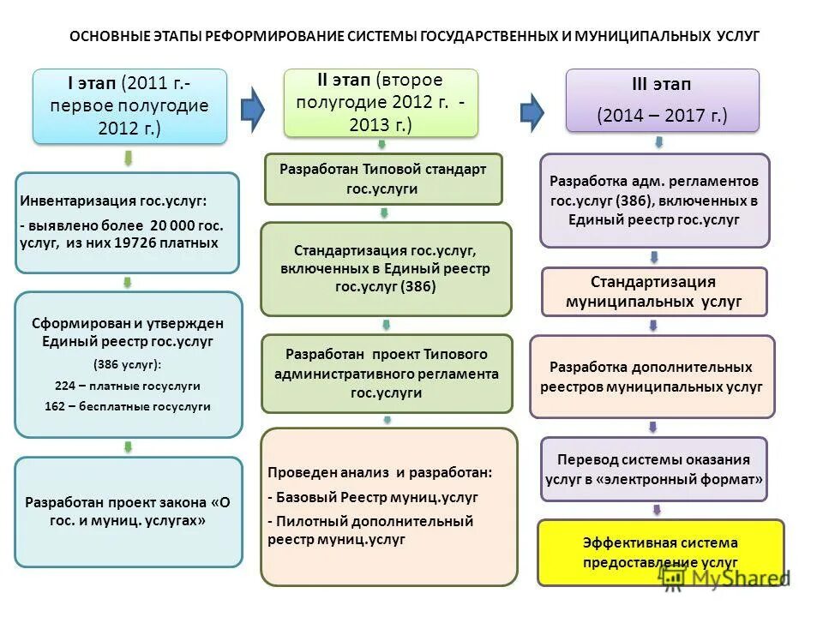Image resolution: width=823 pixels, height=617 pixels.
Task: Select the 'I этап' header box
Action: [x=129, y=106]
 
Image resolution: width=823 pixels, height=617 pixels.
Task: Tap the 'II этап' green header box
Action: [x=381, y=102]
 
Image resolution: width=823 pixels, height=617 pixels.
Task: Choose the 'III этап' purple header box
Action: [x=662, y=100]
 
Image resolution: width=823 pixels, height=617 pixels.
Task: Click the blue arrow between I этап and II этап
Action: [x=252, y=109]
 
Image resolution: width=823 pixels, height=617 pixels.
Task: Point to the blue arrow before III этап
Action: [x=532, y=111]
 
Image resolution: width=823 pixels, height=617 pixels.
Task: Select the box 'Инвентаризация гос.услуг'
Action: [x=127, y=223]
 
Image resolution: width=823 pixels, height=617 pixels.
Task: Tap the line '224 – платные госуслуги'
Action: [x=128, y=386]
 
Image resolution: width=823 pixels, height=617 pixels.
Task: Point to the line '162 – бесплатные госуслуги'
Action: [x=128, y=406]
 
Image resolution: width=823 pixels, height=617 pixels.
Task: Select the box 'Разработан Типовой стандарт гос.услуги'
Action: [x=383, y=179]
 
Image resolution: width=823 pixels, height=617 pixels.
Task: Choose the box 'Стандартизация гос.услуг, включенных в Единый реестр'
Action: [x=386, y=269]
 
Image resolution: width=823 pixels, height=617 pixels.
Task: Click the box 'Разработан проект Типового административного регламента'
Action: [x=387, y=373]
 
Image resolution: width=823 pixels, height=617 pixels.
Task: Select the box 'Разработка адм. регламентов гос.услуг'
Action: [x=654, y=201]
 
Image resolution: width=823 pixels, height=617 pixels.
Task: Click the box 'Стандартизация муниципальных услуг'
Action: [x=654, y=291]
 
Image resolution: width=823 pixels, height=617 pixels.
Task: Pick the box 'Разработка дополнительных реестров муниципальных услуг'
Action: [x=652, y=376]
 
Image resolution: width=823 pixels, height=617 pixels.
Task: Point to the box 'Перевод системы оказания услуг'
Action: [x=653, y=470]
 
